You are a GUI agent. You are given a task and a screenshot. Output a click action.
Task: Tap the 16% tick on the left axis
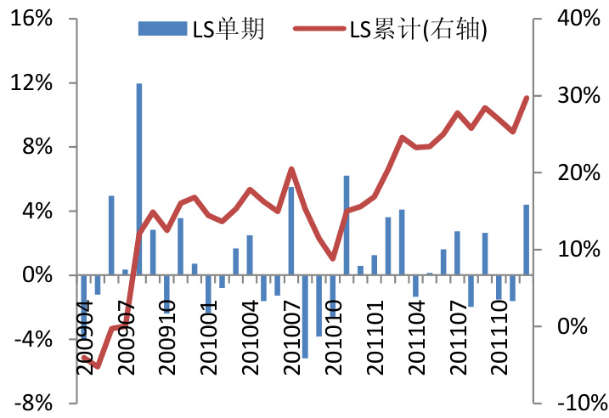click(32, 19)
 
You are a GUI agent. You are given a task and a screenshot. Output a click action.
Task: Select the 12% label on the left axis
click(32, 83)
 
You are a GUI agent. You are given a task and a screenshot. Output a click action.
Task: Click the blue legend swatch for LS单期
click(161, 30)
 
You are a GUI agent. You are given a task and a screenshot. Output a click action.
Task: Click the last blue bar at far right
click(527, 240)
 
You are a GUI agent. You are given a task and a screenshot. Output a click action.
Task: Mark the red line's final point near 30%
click(527, 98)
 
